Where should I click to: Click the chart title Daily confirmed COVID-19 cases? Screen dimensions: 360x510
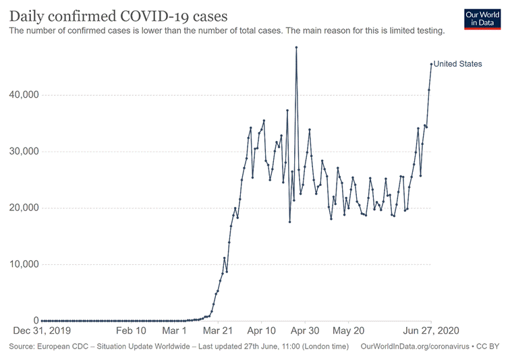118,16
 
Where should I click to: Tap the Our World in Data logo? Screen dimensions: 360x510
483,18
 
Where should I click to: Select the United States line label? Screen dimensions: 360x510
458,64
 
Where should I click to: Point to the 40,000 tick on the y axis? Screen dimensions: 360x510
22,95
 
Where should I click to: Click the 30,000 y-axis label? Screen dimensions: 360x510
22,151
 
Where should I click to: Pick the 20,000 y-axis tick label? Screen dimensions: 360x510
22,208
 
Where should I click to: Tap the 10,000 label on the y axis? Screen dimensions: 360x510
22,264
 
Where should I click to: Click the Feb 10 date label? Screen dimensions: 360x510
131,332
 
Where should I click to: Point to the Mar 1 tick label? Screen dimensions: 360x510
174,332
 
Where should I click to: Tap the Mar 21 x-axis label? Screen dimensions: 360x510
218,332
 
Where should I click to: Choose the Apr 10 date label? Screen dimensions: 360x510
262,332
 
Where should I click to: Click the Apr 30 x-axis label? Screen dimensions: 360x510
305,332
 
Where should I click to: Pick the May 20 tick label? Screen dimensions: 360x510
348,332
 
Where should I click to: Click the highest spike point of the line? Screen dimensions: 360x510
296,47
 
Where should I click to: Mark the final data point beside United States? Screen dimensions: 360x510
431,64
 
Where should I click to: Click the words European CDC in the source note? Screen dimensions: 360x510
62,347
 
